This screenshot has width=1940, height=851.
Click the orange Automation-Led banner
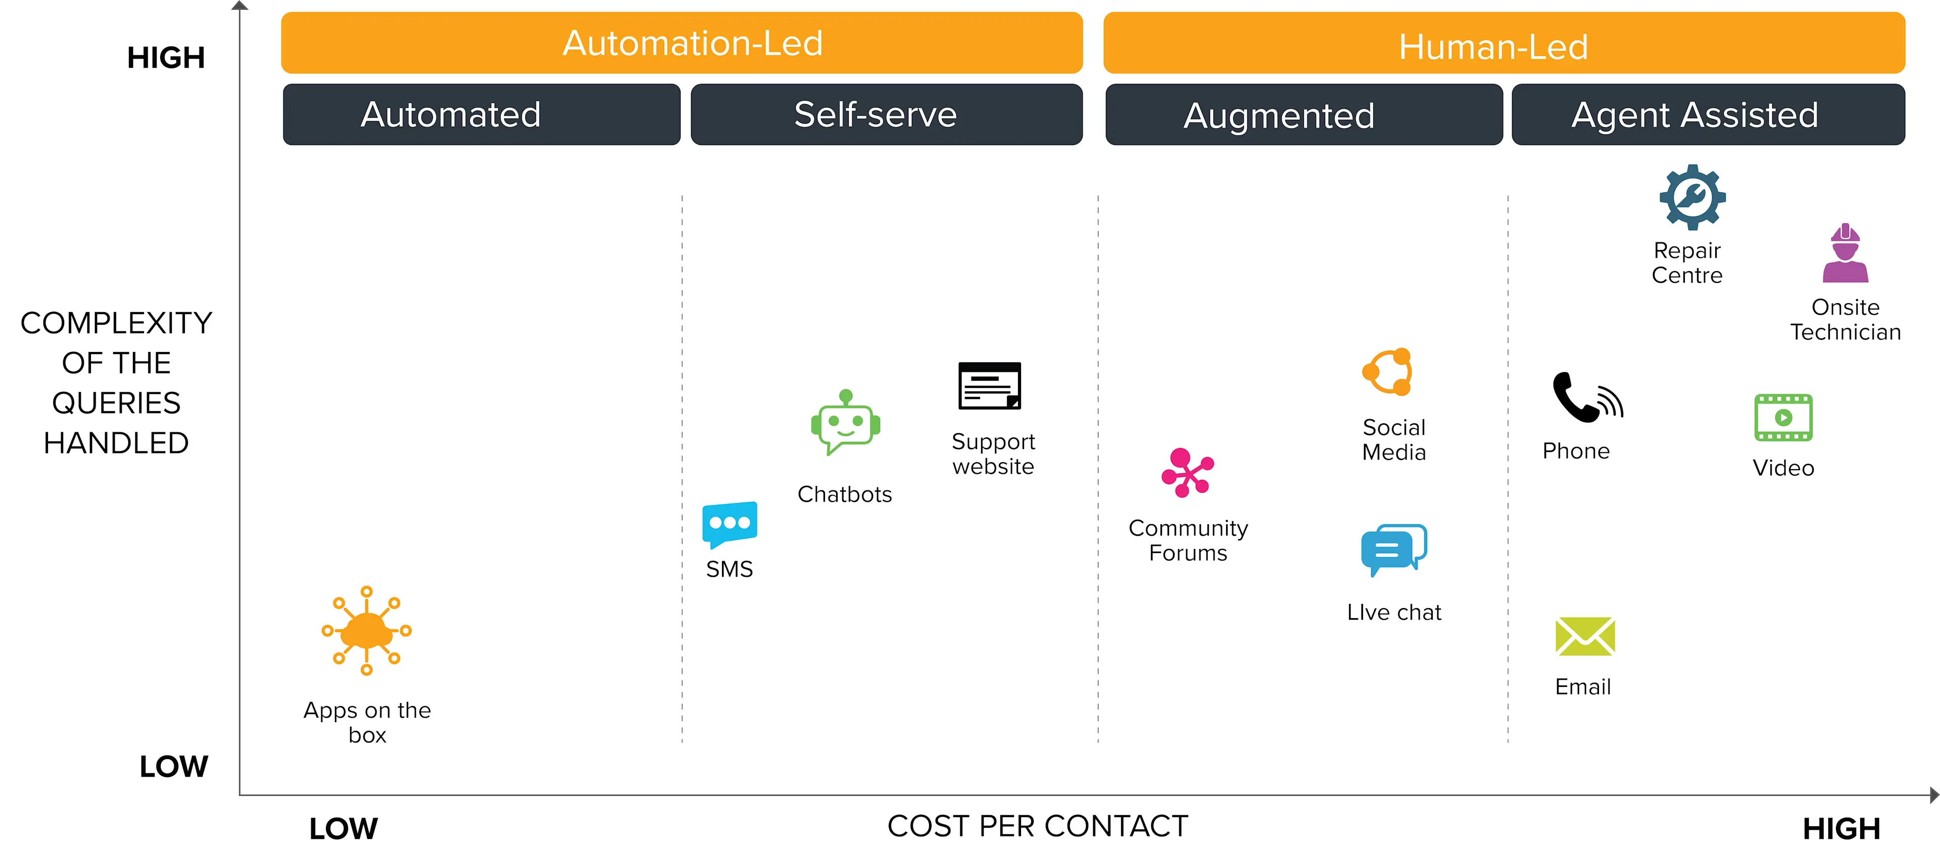click(682, 43)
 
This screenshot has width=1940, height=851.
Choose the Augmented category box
click(1303, 115)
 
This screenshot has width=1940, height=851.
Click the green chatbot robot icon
click(845, 423)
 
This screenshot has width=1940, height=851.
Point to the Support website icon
click(990, 385)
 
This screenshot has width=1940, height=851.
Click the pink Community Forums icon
click(1187, 473)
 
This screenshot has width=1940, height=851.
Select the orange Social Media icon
click(1388, 372)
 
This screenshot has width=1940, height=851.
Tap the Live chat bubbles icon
click(1393, 550)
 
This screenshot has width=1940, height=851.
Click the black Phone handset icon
click(1585, 397)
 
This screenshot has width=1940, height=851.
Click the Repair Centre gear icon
click(1692, 197)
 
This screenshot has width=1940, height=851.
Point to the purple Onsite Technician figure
click(1845, 254)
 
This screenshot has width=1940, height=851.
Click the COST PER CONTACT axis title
click(1037, 826)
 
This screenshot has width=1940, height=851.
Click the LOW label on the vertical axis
click(173, 767)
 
